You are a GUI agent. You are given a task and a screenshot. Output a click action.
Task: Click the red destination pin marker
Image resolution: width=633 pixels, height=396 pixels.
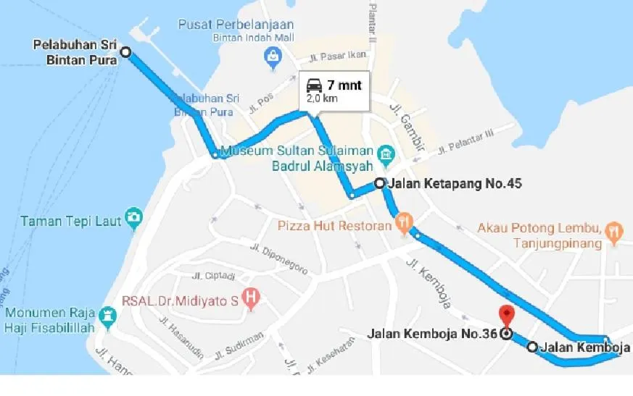click(x=507, y=315)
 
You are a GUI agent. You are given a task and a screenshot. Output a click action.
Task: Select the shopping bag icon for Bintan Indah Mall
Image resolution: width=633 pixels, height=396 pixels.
click(x=273, y=55)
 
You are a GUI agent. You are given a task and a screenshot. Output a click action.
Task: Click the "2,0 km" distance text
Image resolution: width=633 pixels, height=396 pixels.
click(x=322, y=98)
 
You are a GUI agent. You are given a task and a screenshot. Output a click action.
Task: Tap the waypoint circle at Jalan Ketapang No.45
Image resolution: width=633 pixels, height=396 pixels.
click(x=379, y=183)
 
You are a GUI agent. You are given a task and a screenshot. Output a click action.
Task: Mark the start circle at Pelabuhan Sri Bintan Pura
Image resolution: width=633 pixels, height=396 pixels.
click(x=125, y=52)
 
